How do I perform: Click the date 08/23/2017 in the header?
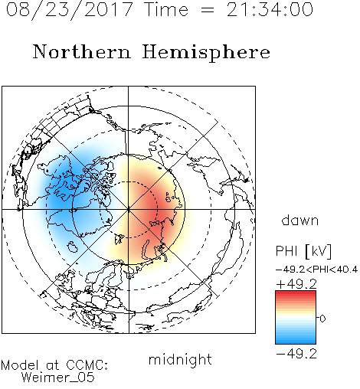(70, 10)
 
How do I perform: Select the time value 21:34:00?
(270, 9)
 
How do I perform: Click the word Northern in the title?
(82, 51)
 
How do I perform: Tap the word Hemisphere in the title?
(206, 53)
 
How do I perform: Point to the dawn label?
(300, 220)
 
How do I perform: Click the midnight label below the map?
(180, 359)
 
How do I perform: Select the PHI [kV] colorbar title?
(303, 251)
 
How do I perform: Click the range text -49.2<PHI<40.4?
(316, 270)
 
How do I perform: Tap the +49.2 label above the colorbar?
(296, 284)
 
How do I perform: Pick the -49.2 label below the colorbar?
(296, 354)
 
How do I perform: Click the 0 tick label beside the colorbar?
(322, 319)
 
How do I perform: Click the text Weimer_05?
(58, 378)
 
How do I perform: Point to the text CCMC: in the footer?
(87, 365)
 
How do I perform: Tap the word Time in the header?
(166, 10)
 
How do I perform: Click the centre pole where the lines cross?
(129, 209)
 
